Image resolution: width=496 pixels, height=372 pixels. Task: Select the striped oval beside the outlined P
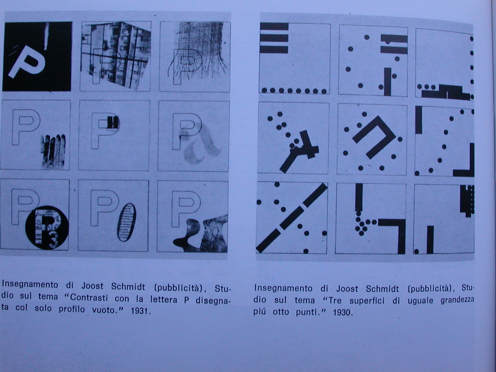(126, 222)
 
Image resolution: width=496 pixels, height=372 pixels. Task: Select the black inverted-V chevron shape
(374, 137)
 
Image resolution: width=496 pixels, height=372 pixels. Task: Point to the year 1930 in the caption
(342, 313)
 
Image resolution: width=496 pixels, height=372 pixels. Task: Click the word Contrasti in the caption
(89, 298)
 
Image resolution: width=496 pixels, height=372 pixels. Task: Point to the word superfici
(366, 301)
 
